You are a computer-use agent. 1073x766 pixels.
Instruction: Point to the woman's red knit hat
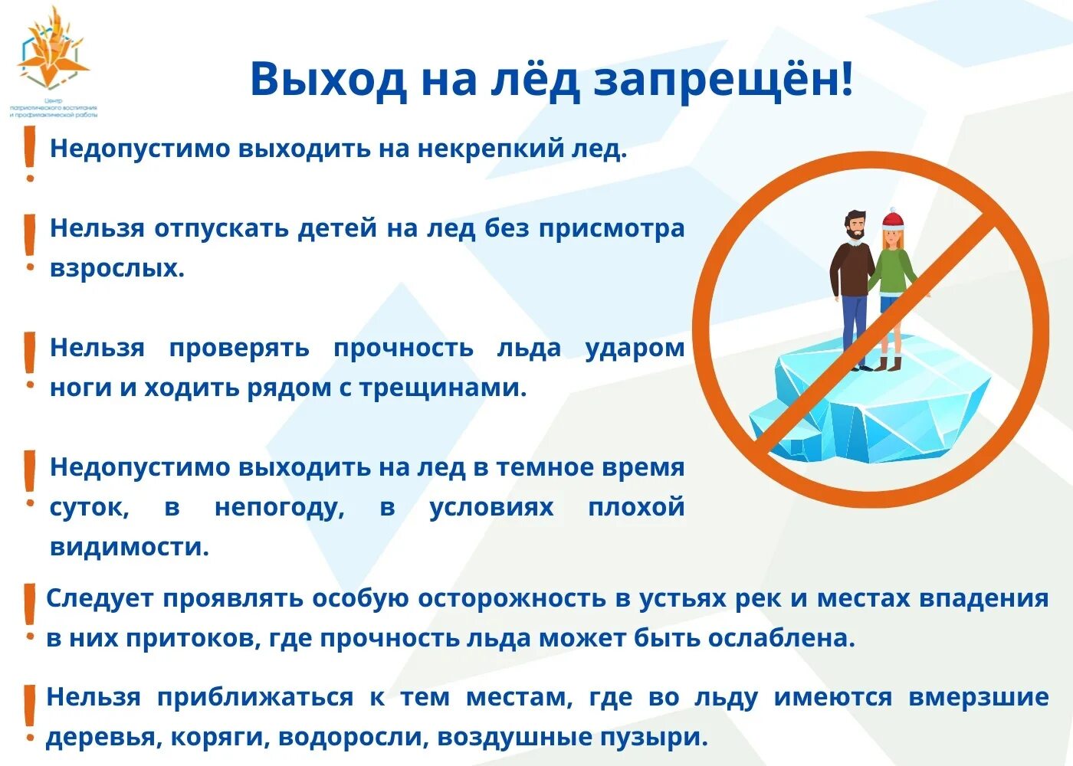pos(893,221)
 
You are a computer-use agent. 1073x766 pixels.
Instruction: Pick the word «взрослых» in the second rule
pos(116,268)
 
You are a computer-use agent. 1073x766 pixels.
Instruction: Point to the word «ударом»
pos(635,348)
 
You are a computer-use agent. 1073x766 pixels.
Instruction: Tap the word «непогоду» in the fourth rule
pos(279,507)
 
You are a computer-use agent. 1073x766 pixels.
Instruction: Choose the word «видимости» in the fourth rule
pos(129,547)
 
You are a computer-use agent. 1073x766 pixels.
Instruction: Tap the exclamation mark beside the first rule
pos(30,153)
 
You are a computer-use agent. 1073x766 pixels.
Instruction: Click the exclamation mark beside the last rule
pos(30,714)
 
